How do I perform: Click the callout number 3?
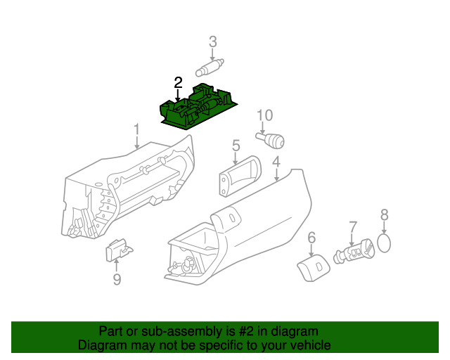(x=212, y=42)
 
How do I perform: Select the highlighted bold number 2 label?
(x=178, y=83)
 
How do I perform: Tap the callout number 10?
(x=264, y=115)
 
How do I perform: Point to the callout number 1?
(x=136, y=129)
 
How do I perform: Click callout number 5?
(x=236, y=146)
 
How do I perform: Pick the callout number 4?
(x=276, y=162)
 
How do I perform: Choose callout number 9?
(x=117, y=279)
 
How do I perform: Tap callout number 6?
(x=311, y=238)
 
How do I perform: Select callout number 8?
(x=385, y=214)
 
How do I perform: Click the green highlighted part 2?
(x=198, y=108)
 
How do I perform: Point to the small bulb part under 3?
(x=210, y=68)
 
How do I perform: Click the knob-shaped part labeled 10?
(x=271, y=140)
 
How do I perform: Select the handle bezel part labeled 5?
(x=240, y=176)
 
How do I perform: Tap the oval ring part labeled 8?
(x=384, y=243)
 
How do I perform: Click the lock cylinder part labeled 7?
(x=354, y=251)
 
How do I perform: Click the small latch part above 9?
(x=119, y=250)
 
